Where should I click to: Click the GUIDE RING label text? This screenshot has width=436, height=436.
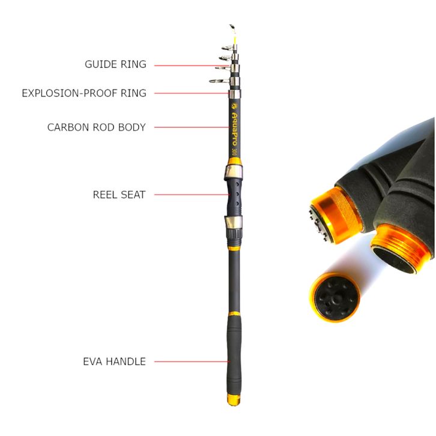tap(115, 64)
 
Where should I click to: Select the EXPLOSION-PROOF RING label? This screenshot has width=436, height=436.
tap(83, 93)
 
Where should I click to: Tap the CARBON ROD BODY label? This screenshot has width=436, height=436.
tap(96, 127)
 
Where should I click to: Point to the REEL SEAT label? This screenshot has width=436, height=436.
tap(119, 195)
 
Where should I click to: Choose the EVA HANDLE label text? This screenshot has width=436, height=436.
tap(114, 362)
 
